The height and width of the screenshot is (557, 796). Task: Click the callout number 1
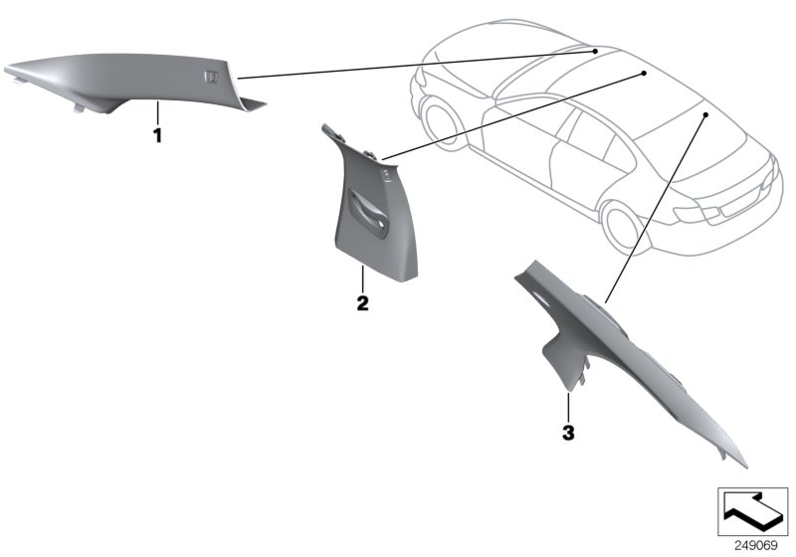point(156,135)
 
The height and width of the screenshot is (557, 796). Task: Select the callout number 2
point(363,302)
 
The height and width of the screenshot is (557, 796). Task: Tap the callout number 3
point(567,433)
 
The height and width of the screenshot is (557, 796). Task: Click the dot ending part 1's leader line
point(594,49)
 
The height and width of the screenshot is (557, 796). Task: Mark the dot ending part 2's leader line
point(643,74)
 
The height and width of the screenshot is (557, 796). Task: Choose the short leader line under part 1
point(156,112)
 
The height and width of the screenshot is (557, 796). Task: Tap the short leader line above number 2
point(363,279)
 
